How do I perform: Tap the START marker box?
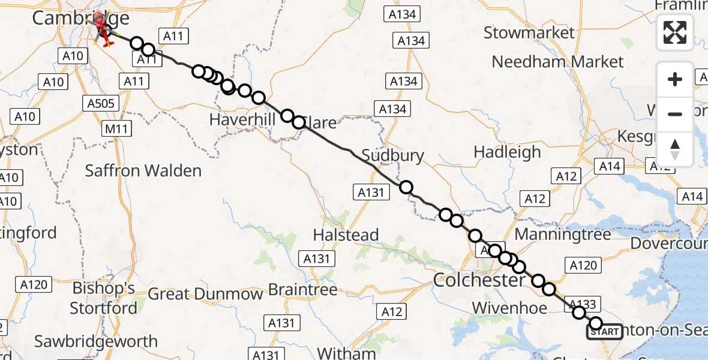[604, 332]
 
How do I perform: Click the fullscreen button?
[675, 32]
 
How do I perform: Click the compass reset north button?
[675, 149]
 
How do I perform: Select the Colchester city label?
[479, 280]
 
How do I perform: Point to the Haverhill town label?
[242, 120]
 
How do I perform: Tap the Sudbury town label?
[394, 156]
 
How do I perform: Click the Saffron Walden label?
[143, 171]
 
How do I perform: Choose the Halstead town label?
[346, 235]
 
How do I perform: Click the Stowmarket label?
[529, 33]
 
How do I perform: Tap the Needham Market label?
[558, 62]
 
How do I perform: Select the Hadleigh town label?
[507, 152]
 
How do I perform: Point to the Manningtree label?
[563, 233]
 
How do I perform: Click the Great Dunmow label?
[205, 295]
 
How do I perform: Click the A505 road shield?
[100, 103]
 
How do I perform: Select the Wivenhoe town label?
[509, 308]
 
